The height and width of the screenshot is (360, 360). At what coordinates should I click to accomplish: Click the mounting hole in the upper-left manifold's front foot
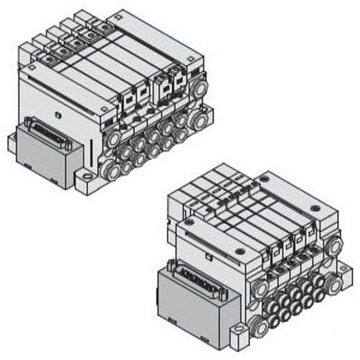click(x=86, y=178)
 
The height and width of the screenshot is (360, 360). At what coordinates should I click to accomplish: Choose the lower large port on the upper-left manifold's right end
click(x=197, y=120)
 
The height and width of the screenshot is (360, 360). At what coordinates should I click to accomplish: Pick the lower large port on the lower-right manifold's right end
click(x=334, y=284)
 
